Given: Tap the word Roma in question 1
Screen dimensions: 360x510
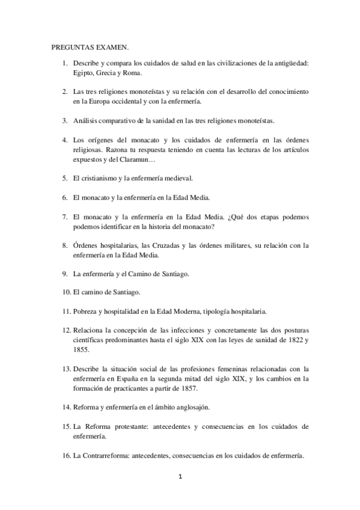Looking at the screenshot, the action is (x=132, y=73).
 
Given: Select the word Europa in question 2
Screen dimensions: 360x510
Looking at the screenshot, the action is (x=104, y=101).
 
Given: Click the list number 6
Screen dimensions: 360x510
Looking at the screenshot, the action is (x=64, y=197).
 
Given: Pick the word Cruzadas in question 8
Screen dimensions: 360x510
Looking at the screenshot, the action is (x=186, y=245).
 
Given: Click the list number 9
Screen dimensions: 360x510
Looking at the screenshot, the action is (x=64, y=274).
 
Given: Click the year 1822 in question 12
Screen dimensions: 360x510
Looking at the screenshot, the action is (x=294, y=340).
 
